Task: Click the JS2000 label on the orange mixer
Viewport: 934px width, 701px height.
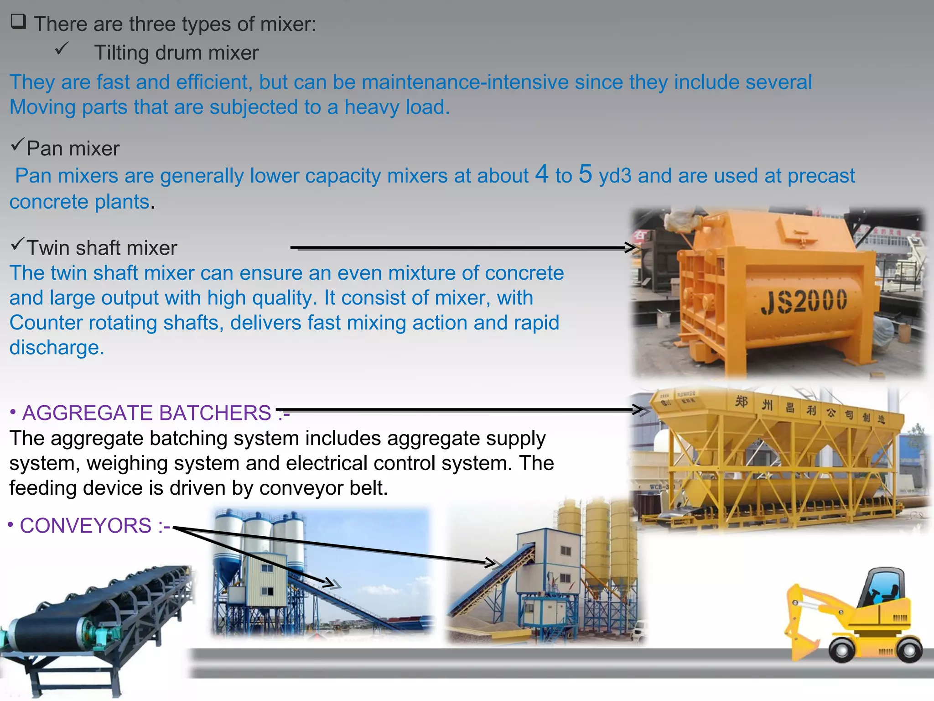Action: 804,301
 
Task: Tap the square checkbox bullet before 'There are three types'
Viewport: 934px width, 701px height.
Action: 18,21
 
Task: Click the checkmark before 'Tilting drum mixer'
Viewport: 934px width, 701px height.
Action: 62,48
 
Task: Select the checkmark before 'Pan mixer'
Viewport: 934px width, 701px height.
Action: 17,145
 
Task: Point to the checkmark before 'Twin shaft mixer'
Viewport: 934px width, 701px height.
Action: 17,244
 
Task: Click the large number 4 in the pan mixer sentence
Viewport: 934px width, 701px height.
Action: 541,174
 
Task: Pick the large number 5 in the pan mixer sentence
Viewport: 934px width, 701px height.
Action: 585,174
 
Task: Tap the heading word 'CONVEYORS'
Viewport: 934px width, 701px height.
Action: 86,526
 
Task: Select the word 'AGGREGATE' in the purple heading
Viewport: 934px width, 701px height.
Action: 87,413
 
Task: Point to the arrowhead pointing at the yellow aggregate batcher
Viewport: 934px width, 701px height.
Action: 640,409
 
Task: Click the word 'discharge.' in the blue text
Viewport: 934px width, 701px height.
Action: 57,348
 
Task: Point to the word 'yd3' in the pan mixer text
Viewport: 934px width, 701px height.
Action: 615,176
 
